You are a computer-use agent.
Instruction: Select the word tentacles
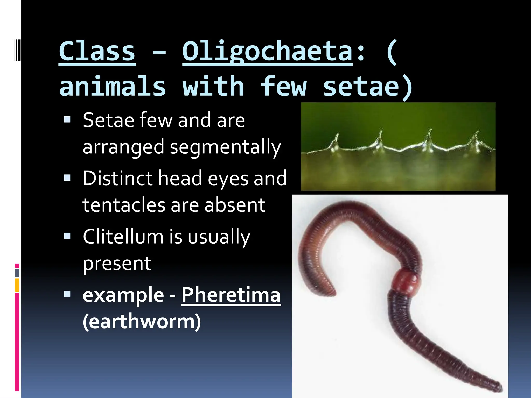tap(124, 205)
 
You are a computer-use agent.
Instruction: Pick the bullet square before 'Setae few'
tap(67, 119)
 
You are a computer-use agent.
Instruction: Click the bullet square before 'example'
tap(67, 294)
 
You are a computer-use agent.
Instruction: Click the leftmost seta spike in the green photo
tap(336, 141)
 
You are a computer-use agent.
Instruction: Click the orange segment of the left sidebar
tap(17, 285)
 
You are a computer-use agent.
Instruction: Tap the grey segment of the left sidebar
tap(17, 273)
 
